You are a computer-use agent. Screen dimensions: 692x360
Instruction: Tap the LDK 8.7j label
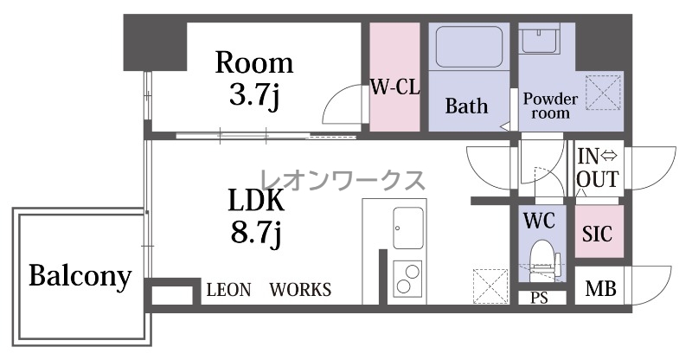pos(256,216)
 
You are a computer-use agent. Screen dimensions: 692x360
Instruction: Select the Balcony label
pos(80,277)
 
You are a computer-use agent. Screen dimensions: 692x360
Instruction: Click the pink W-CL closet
pos(394,77)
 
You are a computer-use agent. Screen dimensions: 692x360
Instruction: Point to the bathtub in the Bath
pos(469,47)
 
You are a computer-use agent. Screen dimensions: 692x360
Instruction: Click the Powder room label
pos(550,106)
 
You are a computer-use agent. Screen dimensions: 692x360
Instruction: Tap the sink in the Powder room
pos(539,38)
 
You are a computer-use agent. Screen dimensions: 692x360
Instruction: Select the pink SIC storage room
pos(599,231)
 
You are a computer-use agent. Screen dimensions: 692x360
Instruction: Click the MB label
pos(600,289)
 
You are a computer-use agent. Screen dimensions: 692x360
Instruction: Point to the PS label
pos(539,299)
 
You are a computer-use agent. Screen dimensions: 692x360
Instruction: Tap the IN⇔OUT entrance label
pos(598,168)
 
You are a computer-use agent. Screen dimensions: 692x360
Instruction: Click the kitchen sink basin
pos(407,228)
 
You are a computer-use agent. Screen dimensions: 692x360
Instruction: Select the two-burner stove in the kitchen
pos(407,279)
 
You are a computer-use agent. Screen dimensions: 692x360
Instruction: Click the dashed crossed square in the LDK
pos(490,286)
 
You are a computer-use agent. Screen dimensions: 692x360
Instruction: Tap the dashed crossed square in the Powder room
pos(603,93)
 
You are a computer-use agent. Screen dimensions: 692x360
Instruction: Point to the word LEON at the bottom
pos(228,290)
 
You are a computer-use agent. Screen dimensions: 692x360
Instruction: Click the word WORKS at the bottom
pos(300,290)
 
